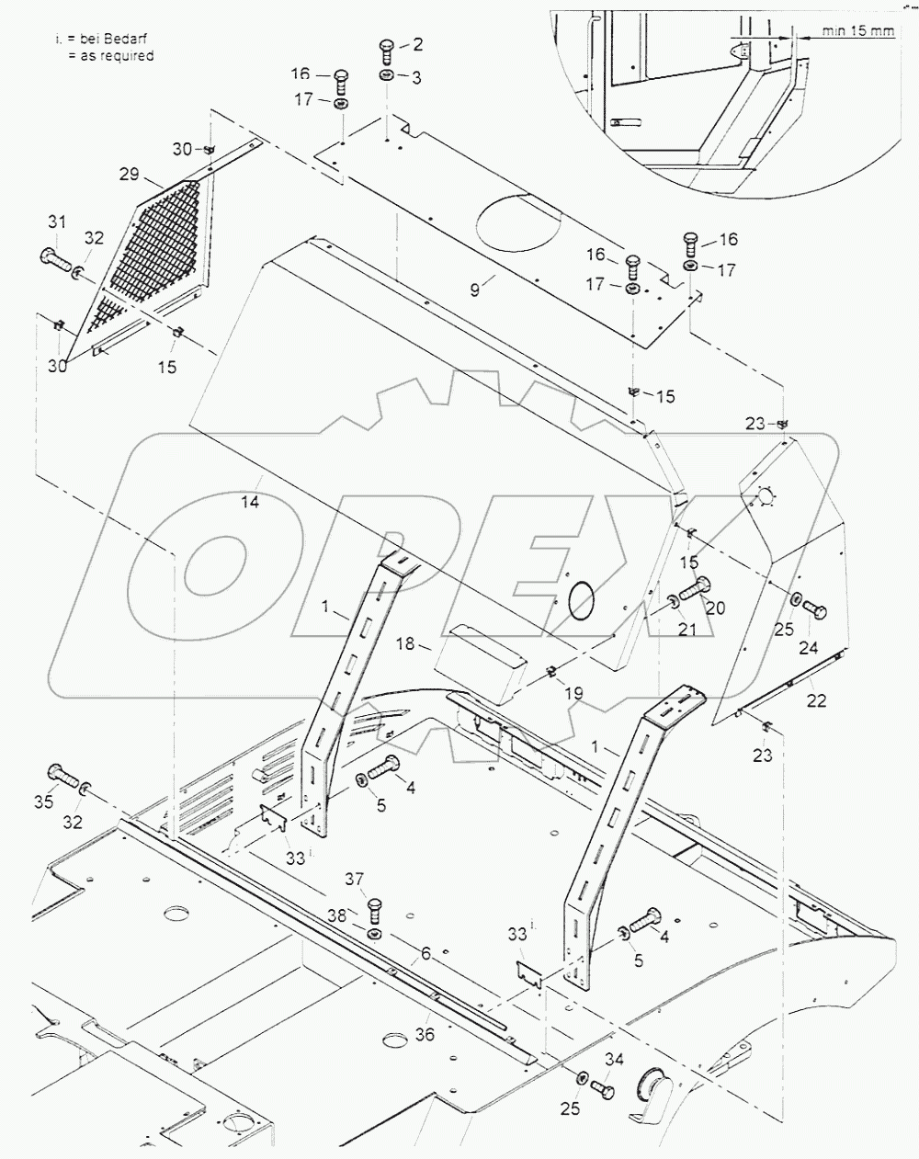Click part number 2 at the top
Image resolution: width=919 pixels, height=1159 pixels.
(x=417, y=44)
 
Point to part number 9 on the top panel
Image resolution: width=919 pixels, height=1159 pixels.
(x=474, y=290)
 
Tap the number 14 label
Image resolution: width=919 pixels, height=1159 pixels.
(x=251, y=502)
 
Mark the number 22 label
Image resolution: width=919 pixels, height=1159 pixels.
(x=816, y=700)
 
